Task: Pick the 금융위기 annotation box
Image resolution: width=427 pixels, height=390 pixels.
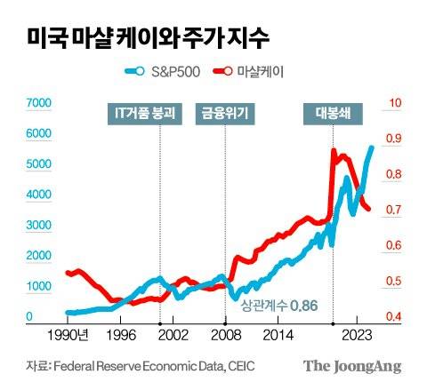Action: (225, 112)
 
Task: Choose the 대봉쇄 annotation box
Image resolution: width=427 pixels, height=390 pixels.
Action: (334, 112)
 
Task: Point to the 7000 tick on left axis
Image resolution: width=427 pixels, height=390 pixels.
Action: (40, 104)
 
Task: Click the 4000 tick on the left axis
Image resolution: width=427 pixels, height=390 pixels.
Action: (40, 195)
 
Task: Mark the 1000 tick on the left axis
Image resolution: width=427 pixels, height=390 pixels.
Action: (40, 287)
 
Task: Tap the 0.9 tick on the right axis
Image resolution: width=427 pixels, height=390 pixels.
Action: (391, 139)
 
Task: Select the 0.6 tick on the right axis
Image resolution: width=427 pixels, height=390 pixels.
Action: (391, 246)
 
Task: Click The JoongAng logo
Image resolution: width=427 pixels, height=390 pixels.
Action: (352, 366)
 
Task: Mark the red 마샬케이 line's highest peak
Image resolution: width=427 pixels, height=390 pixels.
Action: (334, 152)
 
